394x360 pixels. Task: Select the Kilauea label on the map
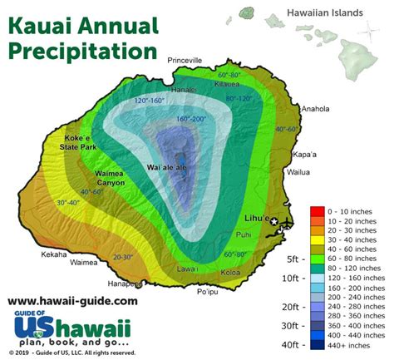point(228,85)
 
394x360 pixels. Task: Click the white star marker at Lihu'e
point(275,220)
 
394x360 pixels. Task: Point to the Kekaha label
point(52,254)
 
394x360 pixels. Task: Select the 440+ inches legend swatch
point(316,345)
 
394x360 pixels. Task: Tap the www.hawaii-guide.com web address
point(72,301)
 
